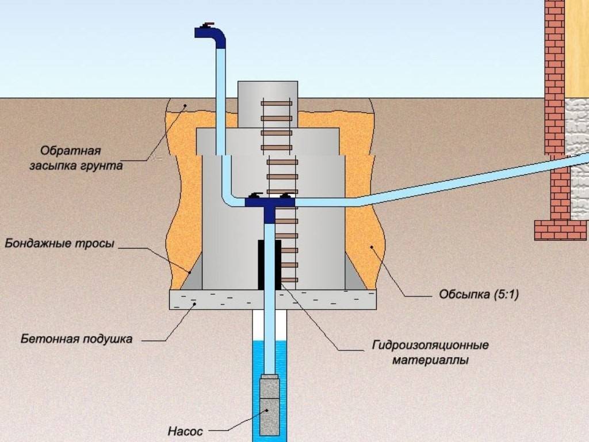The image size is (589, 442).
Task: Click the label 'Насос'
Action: pos(185,430)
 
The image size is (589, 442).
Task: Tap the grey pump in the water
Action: pos(269,406)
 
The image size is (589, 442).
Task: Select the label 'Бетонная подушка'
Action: pos(77,338)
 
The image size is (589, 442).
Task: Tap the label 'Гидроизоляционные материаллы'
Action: pos(431,353)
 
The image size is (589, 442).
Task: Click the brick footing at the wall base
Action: pos(560,230)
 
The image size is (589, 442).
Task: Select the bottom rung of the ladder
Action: pos(288,280)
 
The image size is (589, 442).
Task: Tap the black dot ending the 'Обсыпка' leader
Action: pos(372,248)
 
